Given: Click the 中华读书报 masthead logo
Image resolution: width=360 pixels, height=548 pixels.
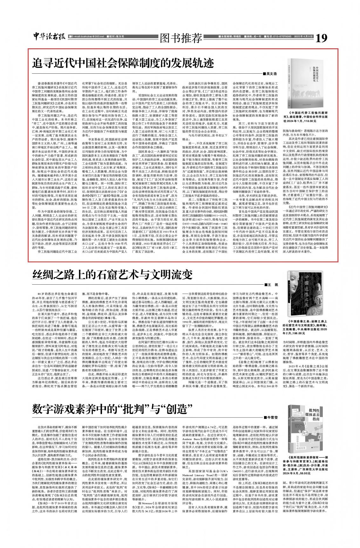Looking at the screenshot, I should [50, 37].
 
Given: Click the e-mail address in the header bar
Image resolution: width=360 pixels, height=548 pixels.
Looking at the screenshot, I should [87, 37].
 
